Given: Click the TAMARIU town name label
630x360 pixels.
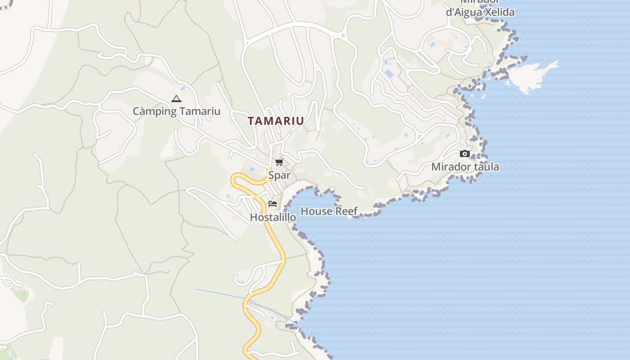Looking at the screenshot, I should [x=276, y=121].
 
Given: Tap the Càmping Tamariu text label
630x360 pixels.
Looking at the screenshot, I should [x=176, y=111].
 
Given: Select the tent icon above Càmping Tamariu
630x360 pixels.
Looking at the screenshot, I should [x=176, y=99].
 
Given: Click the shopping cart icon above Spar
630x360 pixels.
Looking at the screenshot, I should [x=279, y=162].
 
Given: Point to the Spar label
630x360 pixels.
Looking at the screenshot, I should [x=279, y=175].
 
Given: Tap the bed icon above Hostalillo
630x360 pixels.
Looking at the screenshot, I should [x=272, y=204].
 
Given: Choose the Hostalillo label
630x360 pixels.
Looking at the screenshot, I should [x=273, y=217].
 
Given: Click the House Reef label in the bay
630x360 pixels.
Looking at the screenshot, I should [x=329, y=211].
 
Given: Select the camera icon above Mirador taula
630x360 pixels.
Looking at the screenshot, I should [x=465, y=154].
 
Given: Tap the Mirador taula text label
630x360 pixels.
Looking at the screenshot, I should [x=465, y=167].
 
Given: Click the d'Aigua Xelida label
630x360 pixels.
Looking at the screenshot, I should [x=480, y=12].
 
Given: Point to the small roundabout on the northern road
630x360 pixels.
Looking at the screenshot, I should [x=343, y=36].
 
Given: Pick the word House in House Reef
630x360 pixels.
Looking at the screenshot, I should [x=315, y=211].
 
